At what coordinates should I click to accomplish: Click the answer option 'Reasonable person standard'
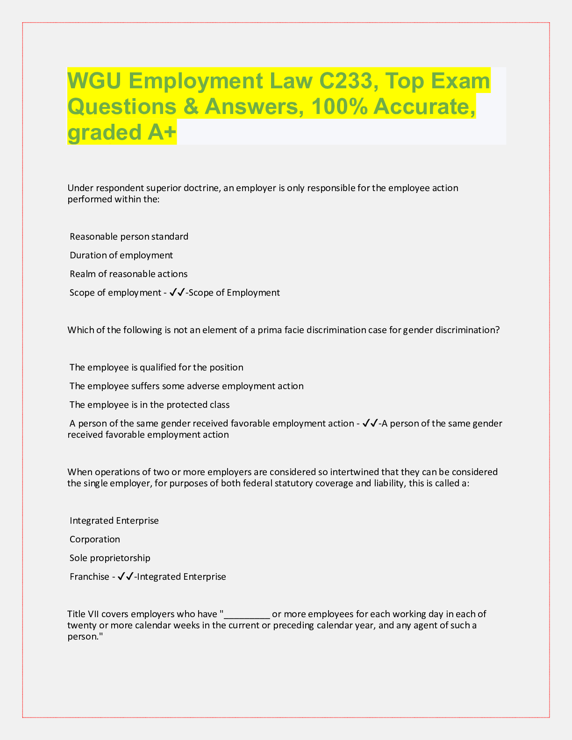129,236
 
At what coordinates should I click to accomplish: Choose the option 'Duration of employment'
121,255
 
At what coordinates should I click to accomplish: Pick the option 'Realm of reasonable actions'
129,274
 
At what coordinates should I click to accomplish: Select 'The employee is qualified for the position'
156,367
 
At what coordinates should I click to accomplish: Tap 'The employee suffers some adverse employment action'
186,386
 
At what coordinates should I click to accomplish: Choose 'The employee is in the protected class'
150,405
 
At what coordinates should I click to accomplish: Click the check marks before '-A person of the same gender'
370,423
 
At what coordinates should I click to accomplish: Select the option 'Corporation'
95,539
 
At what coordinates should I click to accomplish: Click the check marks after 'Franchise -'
125,576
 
